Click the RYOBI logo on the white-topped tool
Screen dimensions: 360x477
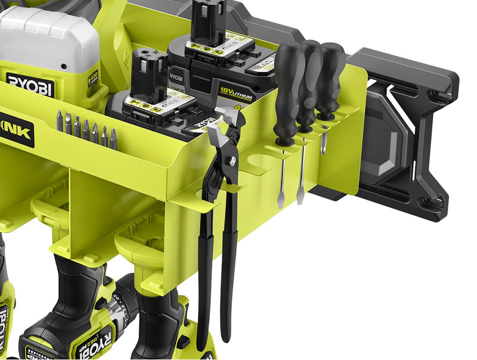point(30,84)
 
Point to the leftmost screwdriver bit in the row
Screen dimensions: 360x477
point(59,121)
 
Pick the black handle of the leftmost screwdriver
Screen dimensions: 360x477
point(286,89)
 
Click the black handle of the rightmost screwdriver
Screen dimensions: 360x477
point(330,77)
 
